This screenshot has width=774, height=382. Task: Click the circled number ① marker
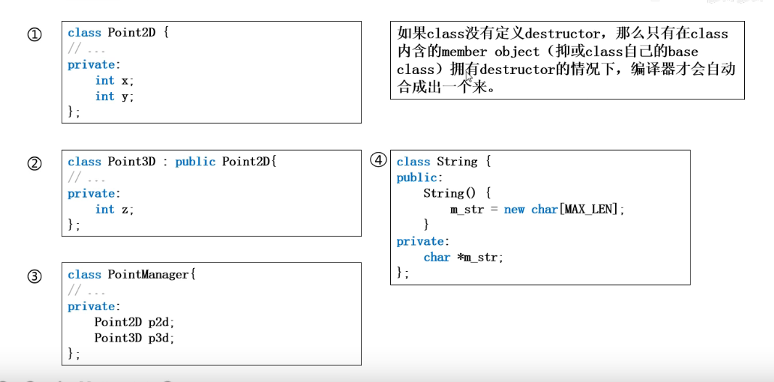coord(34,34)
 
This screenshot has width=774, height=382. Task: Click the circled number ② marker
coord(34,163)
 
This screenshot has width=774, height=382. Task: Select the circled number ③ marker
coord(34,276)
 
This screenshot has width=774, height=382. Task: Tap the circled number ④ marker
coord(378,160)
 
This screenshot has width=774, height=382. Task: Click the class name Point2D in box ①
coord(132,33)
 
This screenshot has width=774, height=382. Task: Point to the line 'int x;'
coord(115,80)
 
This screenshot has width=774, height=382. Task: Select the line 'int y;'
coord(115,96)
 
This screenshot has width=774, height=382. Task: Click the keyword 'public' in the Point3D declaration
coord(195,162)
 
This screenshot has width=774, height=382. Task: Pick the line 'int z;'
coord(115,209)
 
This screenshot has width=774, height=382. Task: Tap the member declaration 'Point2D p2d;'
coord(135,323)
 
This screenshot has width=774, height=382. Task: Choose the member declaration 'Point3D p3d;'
coord(135,339)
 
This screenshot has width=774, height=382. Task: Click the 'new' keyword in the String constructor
coord(514,209)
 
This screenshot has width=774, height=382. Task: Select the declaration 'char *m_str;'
coord(464,257)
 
